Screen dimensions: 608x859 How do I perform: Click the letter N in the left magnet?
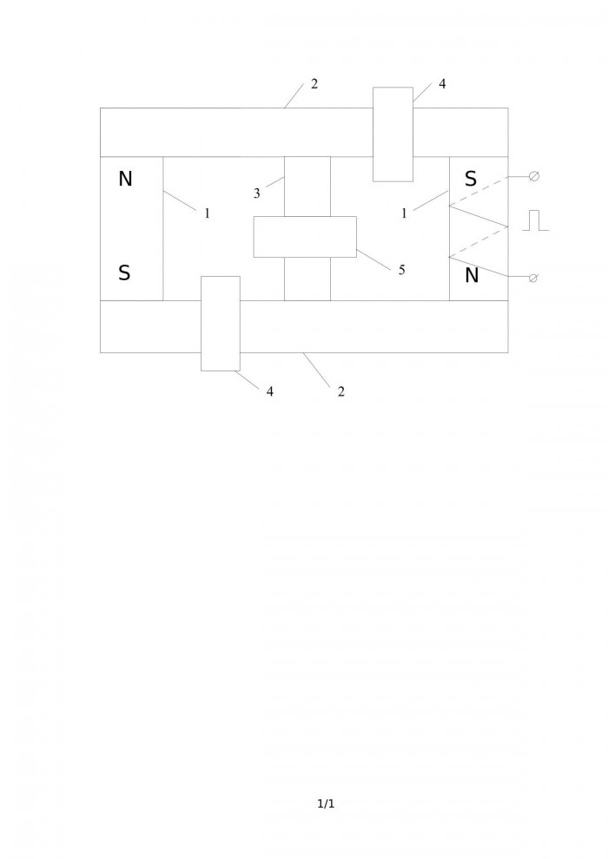pyautogui.click(x=126, y=179)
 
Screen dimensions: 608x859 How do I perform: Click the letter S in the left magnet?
pyautogui.click(x=124, y=272)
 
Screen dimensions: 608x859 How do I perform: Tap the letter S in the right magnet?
pyautogui.click(x=471, y=179)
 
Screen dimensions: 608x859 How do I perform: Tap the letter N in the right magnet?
pyautogui.click(x=472, y=276)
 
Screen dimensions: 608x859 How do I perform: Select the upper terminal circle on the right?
pyautogui.click(x=534, y=176)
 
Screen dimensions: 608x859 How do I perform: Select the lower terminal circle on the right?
pyautogui.click(x=533, y=278)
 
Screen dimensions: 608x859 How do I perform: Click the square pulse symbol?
pyautogui.click(x=535, y=220)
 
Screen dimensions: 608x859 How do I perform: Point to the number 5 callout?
pyautogui.click(x=402, y=270)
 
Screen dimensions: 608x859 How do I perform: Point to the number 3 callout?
pyautogui.click(x=256, y=193)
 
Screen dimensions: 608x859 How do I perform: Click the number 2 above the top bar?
pyautogui.click(x=314, y=84)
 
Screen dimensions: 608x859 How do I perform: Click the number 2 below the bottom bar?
pyautogui.click(x=341, y=391)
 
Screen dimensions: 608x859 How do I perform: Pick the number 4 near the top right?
pyautogui.click(x=442, y=84)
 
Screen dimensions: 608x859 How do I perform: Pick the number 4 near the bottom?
pyautogui.click(x=270, y=391)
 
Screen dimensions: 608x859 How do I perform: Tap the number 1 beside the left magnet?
pyautogui.click(x=208, y=213)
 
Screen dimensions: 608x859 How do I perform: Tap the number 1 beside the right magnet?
pyautogui.click(x=405, y=213)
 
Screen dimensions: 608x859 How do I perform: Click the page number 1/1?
pyautogui.click(x=326, y=803)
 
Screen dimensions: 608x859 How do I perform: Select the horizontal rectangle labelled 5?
pyautogui.click(x=305, y=237)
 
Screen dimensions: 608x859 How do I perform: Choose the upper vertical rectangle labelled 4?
pyautogui.click(x=393, y=134)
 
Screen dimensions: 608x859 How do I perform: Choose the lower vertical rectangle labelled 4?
pyautogui.click(x=221, y=324)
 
